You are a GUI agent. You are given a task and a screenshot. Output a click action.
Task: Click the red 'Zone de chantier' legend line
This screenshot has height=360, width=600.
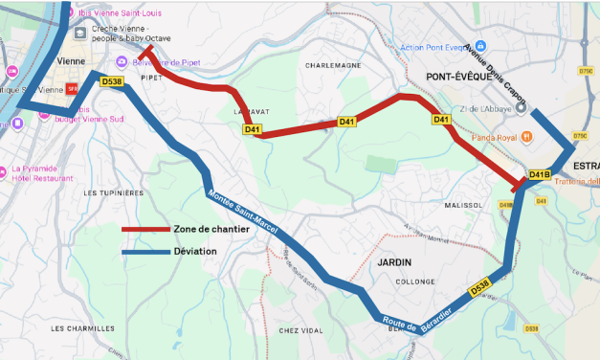(145, 230)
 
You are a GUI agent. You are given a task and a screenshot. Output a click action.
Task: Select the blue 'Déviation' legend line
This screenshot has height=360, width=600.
(145, 252)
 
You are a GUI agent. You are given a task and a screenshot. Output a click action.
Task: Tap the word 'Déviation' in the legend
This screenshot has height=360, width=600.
(195, 252)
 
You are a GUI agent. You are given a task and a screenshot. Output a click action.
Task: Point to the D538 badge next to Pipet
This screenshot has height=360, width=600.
(112, 81)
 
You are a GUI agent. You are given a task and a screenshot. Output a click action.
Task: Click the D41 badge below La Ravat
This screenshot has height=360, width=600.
(253, 129)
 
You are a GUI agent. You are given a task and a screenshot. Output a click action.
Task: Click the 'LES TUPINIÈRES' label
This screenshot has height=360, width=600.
(113, 192)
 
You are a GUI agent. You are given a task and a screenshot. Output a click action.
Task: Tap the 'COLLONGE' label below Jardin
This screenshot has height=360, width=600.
(415, 281)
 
